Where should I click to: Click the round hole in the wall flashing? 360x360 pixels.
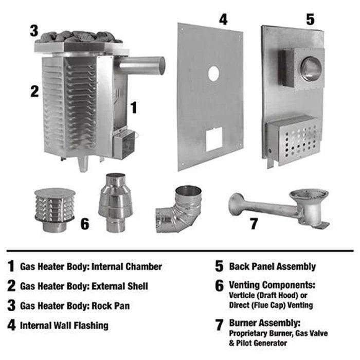click(213, 74)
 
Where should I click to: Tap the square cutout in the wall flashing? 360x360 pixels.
click(213, 139)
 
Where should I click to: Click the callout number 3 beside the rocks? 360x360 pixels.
click(34, 30)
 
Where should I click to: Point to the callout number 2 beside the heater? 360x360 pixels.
click(34, 92)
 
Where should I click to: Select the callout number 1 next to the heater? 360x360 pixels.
click(134, 107)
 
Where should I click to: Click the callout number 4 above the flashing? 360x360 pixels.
click(223, 20)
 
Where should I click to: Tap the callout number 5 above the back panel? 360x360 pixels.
click(310, 20)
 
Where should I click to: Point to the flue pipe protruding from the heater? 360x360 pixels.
click(141, 66)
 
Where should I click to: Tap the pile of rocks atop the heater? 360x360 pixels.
click(80, 37)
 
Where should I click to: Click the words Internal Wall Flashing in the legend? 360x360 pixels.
click(64, 325)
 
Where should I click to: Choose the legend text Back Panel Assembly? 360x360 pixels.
click(272, 266)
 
